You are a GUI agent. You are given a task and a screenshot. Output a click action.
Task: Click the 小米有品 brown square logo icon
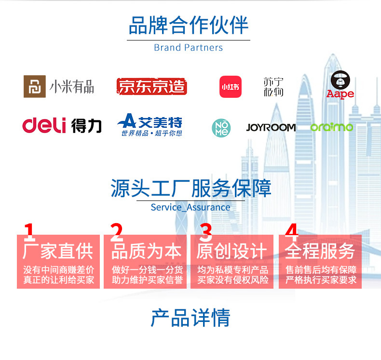point(34,87)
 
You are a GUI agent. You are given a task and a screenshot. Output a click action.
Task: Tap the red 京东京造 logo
point(151,87)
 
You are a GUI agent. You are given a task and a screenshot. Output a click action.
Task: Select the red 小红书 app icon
point(230,87)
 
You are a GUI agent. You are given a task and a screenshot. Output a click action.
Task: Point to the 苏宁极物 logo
point(273,87)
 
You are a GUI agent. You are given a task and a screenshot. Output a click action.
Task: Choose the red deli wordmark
point(44,125)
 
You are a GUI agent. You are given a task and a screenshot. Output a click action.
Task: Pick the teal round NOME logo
point(221,128)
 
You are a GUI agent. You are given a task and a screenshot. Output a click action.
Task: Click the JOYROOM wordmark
point(271,128)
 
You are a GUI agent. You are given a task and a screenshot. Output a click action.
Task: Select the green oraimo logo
point(331,127)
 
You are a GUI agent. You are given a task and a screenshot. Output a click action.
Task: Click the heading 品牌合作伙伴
point(189,26)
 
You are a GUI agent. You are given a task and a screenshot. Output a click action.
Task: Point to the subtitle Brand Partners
point(189,48)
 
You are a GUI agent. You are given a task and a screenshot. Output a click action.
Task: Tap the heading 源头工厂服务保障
point(190,188)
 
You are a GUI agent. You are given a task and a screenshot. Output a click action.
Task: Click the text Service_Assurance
point(190,207)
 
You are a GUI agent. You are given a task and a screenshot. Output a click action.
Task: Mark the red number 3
point(206,233)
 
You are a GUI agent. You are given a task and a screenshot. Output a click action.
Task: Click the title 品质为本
point(147,251)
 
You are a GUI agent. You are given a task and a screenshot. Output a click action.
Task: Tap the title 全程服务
point(320,251)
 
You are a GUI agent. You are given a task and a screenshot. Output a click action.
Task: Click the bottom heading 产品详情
point(190,318)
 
